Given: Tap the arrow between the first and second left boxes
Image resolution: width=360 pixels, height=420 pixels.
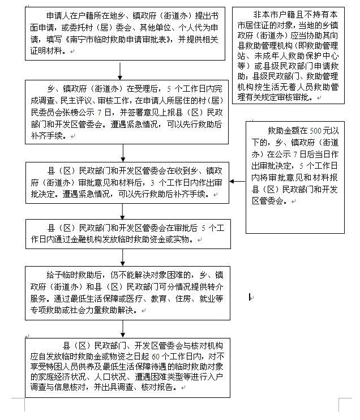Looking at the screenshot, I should pos(121,70).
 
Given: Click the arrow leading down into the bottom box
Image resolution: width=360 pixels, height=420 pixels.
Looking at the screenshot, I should pos(122,328).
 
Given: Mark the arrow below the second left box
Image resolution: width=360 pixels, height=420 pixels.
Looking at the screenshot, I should pos(123,153).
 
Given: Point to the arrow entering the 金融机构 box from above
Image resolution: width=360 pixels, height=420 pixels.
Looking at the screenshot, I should pos(123,211).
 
